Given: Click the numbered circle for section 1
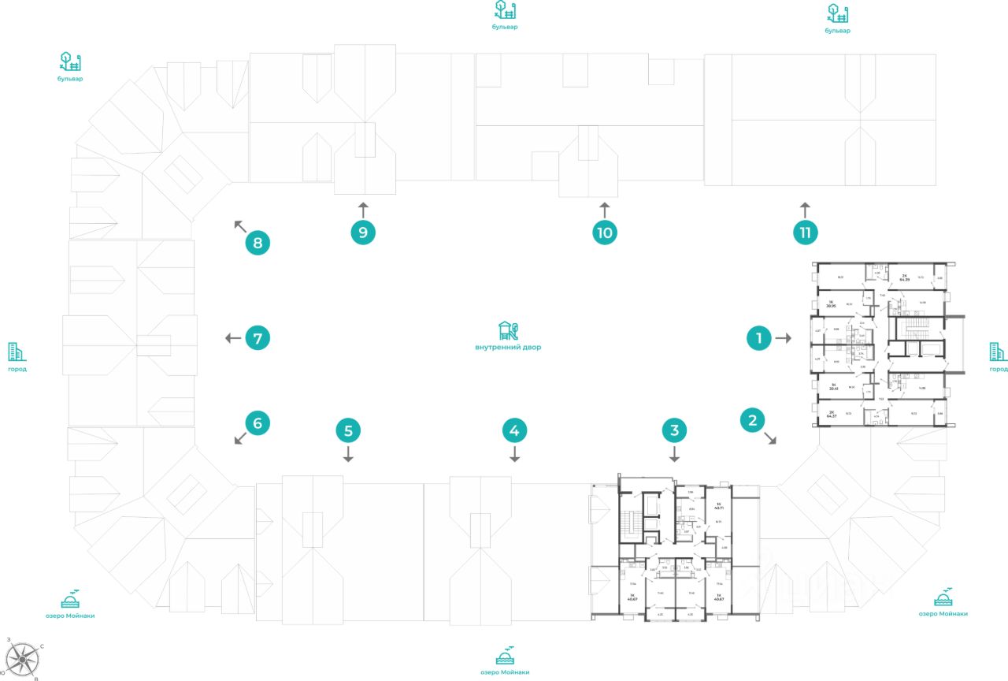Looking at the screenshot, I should coord(758,338).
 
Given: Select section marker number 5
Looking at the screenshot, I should coord(348,430).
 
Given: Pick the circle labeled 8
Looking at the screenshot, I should coord(258,243).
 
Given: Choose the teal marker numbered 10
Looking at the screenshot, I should coord(604,233).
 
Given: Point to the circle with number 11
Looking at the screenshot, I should coord(805,233).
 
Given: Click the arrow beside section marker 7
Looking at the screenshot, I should coord(232,338).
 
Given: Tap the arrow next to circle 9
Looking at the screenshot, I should coord(362,209).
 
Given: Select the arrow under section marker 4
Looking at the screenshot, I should coord(514,455).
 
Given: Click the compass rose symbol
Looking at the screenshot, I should coord(24,657).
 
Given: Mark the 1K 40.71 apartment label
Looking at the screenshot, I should coord(718,504).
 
